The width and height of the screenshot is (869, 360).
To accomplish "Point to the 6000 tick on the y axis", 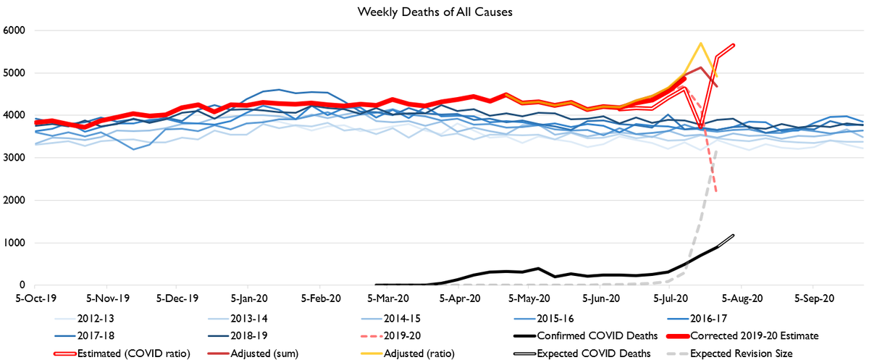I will [x=14, y=30].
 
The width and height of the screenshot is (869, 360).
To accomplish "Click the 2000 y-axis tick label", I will [x=14, y=201].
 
